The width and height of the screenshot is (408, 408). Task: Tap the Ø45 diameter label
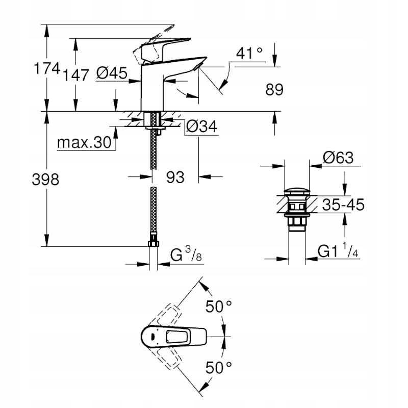click(111, 74)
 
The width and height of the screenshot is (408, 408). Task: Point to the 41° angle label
click(250, 53)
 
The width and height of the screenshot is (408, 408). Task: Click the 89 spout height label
click(274, 90)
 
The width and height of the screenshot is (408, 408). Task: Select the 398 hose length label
click(45, 179)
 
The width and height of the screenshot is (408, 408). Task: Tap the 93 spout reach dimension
click(175, 177)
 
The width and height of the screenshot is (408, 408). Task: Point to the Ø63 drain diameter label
click(338, 158)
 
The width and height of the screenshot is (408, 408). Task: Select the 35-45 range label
click(343, 205)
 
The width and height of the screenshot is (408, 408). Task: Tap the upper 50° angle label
click(219, 307)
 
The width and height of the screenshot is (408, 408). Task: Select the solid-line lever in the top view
click(173, 336)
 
